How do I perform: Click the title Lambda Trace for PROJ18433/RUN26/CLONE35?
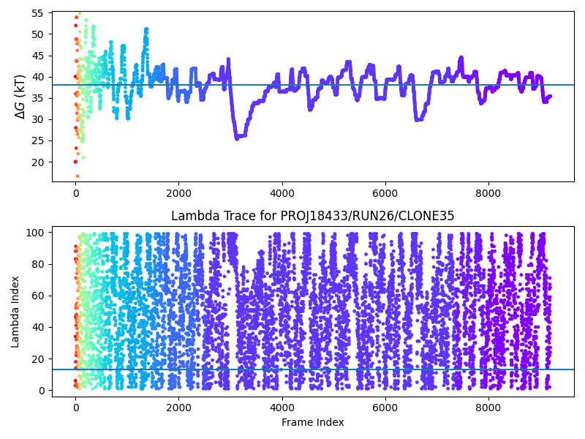tap(312, 216)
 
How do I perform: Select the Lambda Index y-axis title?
tap(15, 311)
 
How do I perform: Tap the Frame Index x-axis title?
tap(312, 422)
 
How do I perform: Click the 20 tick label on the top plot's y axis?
tap(37, 162)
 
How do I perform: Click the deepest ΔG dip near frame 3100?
tap(237, 138)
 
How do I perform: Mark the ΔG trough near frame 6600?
tap(417, 119)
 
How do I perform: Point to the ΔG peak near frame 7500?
tap(461, 57)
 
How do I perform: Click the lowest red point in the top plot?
tap(78, 176)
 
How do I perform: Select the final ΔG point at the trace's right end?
tap(550, 96)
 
